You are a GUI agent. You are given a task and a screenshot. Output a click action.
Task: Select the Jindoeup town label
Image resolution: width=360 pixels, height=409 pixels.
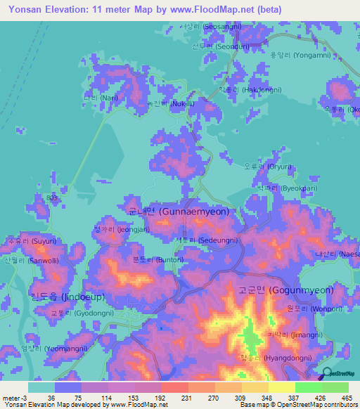point(44,296)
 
